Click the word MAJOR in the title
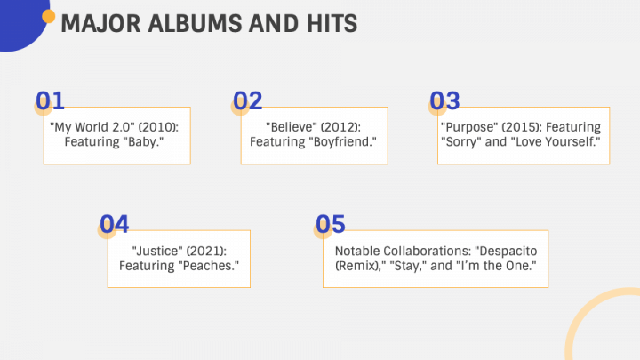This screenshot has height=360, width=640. tap(100, 23)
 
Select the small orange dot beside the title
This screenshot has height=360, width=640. tap(48, 16)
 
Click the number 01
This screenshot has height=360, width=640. tap(50, 100)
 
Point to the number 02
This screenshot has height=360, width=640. tap(247, 100)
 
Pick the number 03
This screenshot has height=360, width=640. tap(444, 100)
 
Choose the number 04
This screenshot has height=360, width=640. tap(115, 224)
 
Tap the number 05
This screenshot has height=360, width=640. tap(330, 224)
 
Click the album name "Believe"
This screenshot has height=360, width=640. tap(292, 127)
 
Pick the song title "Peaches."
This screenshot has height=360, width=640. tap(209, 266)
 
